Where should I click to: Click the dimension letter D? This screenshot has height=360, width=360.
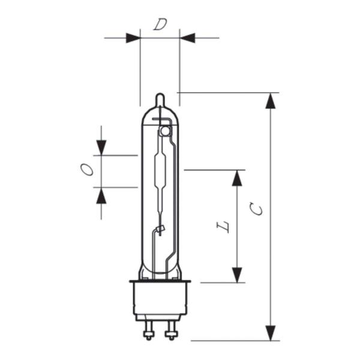pos(160,25)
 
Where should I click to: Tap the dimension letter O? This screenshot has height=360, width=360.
pos(88,170)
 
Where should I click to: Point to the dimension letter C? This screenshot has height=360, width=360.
pos(257,209)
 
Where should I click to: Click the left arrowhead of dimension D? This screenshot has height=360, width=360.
pos(133,38)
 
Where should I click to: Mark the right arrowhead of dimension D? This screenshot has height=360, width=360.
pos(187,38)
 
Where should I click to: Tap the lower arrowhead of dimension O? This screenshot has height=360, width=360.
pos(101,195)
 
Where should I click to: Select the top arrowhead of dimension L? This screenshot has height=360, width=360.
pos(238,178)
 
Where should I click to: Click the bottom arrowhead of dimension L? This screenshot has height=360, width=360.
pos(238,275)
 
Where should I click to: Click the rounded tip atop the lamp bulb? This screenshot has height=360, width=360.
pos(160,98)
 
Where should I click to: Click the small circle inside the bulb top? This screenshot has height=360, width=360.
pos(165,130)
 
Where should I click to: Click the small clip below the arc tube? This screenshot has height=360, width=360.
pos(160,229)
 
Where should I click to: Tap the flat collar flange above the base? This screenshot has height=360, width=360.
pos(160,281)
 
